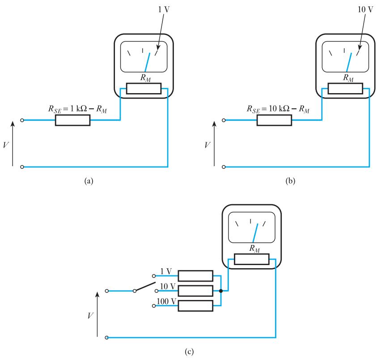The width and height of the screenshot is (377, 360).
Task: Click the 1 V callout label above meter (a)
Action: [164, 9]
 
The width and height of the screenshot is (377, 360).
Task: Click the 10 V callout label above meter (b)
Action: [365, 9]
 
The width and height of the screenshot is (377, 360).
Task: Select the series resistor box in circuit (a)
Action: [72, 120]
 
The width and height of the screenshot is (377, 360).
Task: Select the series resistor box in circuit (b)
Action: [274, 120]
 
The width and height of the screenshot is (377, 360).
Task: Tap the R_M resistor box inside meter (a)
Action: [144, 89]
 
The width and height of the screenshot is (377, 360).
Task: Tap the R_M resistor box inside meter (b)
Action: [345, 89]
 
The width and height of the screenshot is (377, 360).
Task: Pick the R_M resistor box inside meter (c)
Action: [251, 259]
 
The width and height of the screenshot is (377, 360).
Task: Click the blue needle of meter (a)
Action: [148, 62]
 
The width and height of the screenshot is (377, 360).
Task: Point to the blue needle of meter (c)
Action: [255, 233]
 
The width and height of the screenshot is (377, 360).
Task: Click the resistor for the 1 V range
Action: [195, 276]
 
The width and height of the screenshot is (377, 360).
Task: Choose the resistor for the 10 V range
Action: [195, 291]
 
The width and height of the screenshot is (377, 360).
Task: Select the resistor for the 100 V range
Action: [195, 306]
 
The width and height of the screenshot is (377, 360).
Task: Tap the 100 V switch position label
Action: [166, 301]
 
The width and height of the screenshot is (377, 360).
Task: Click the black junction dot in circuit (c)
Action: [221, 291]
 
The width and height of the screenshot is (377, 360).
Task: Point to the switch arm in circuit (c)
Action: [145, 287]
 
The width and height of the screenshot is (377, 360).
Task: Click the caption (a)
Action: [89, 180]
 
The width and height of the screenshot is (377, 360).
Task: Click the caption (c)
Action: [189, 351]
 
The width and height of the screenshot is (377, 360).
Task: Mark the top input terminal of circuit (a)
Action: [22, 120]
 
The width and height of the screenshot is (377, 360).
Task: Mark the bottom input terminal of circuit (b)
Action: [224, 167]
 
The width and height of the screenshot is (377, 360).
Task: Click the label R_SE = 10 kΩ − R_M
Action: [278, 109]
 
